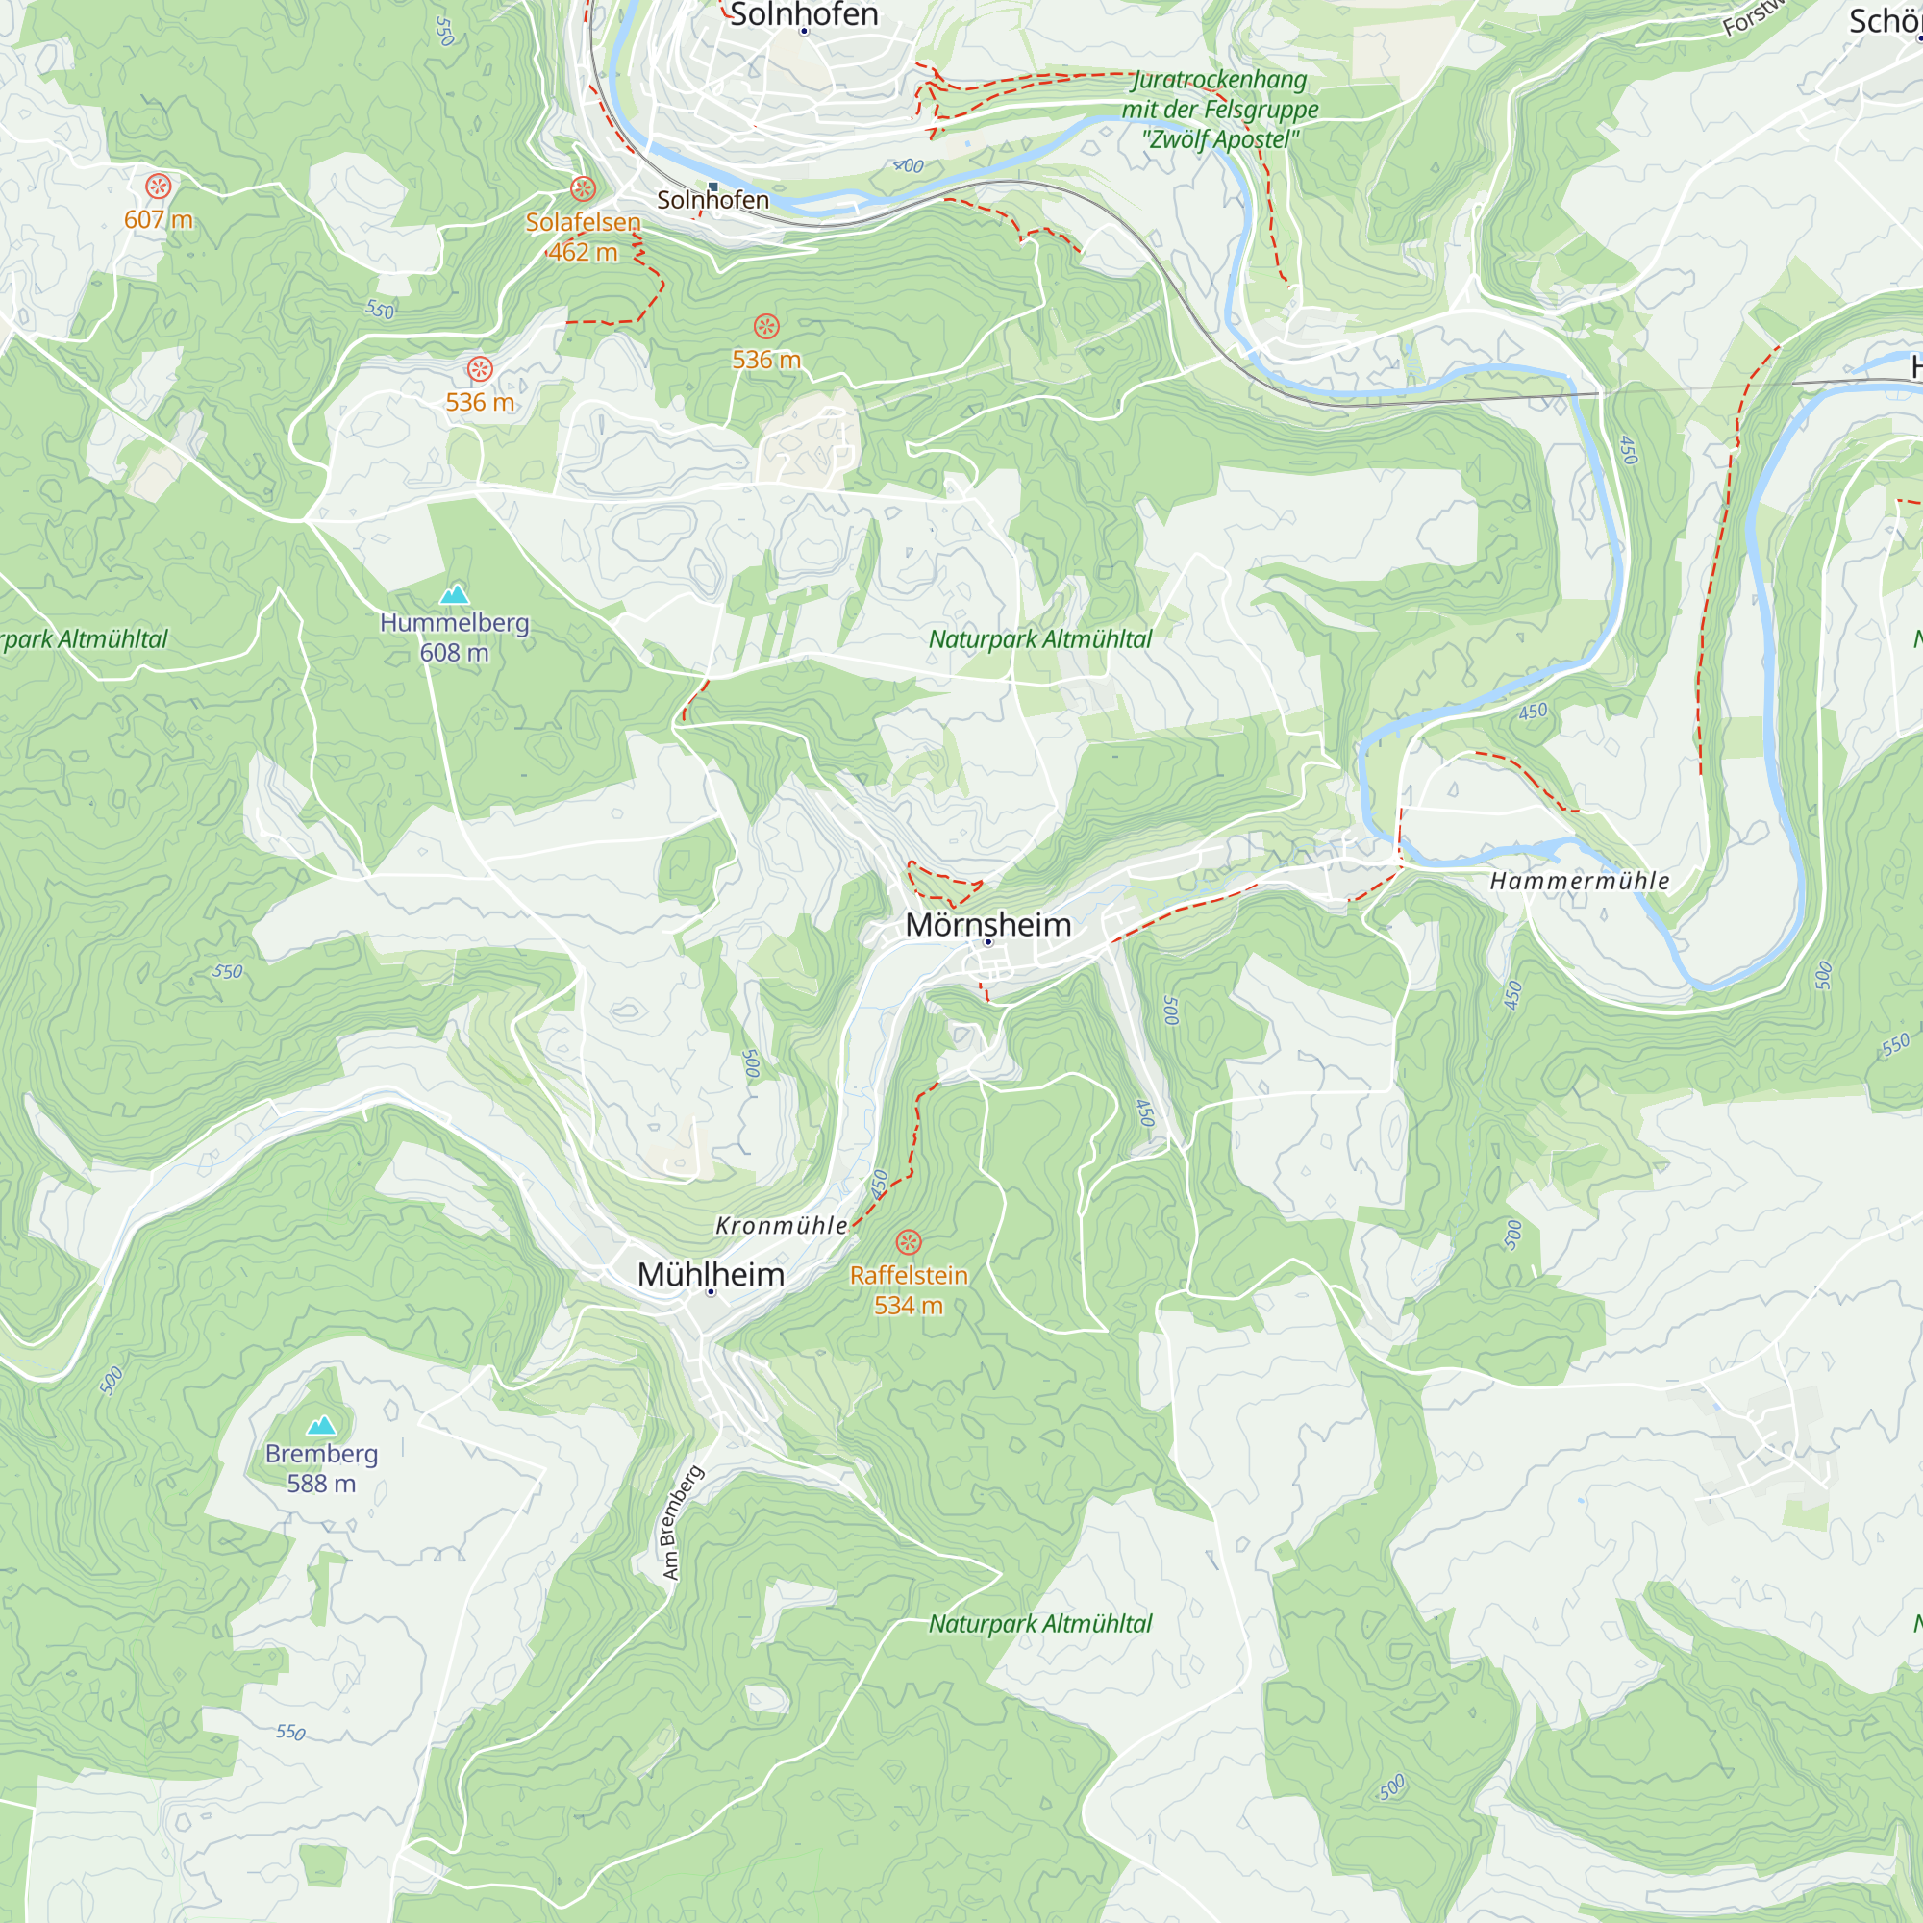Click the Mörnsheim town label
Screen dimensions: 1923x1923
click(987, 925)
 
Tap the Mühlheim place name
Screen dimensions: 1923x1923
click(711, 1274)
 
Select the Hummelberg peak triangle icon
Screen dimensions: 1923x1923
click(455, 594)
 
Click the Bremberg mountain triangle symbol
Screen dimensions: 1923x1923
click(320, 1425)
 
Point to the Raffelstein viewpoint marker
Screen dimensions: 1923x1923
click(908, 1241)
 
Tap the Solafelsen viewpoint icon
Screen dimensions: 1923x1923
click(584, 188)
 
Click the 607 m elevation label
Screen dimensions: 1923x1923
click(159, 220)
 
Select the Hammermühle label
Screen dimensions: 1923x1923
click(1579, 881)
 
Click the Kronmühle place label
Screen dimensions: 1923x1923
click(782, 1225)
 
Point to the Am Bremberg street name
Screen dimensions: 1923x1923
click(682, 1522)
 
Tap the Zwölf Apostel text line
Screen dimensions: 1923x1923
click(1220, 139)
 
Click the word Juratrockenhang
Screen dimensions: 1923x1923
click(1220, 80)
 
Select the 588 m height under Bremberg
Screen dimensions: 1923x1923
click(320, 1483)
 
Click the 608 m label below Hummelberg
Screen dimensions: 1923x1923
click(454, 653)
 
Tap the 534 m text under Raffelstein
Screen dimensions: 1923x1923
click(908, 1305)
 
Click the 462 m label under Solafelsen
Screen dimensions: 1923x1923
click(584, 252)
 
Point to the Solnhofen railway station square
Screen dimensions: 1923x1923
click(712, 187)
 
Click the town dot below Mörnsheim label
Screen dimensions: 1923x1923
click(988, 941)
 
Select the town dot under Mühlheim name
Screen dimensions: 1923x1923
click(711, 1292)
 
